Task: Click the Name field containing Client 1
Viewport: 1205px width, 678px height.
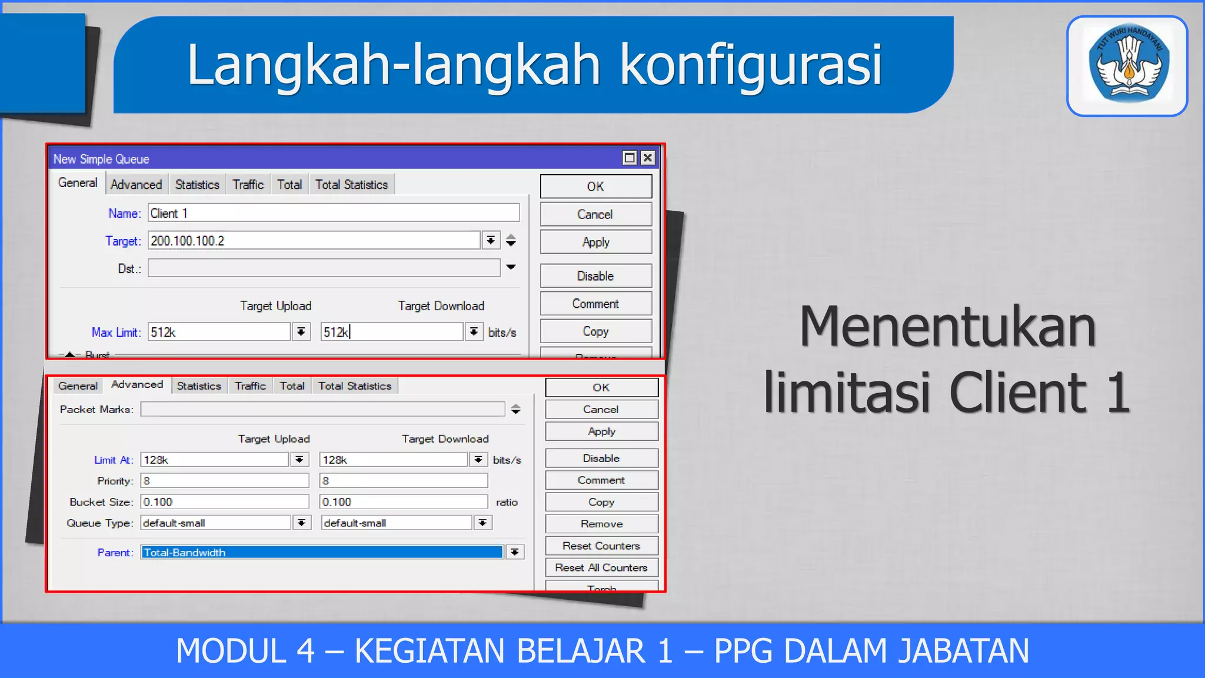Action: tap(333, 213)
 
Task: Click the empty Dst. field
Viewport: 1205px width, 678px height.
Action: tap(324, 268)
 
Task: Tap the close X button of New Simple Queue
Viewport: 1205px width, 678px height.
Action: tap(648, 158)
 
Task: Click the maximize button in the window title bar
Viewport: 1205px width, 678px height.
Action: tap(630, 158)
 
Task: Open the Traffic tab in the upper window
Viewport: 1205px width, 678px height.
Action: tap(248, 185)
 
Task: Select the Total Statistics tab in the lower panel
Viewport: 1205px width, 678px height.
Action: tap(355, 386)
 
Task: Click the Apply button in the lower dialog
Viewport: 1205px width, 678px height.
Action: tap(601, 431)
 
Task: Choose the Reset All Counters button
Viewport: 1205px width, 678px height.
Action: tap(601, 568)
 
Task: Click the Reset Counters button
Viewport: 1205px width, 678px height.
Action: tap(601, 546)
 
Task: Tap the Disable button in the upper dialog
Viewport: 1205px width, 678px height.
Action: tap(595, 276)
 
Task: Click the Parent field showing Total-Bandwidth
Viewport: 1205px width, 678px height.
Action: tap(322, 553)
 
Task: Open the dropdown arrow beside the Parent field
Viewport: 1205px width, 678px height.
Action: tap(515, 553)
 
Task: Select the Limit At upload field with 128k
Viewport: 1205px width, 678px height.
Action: tap(215, 460)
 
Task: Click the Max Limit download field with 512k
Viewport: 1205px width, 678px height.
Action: tap(391, 333)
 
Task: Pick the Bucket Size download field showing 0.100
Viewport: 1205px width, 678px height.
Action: tap(404, 502)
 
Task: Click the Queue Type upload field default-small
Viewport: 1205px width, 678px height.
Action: tap(215, 523)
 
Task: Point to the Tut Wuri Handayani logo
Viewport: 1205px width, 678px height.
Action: tap(1127, 66)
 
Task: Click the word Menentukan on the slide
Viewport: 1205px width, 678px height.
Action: tap(947, 327)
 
